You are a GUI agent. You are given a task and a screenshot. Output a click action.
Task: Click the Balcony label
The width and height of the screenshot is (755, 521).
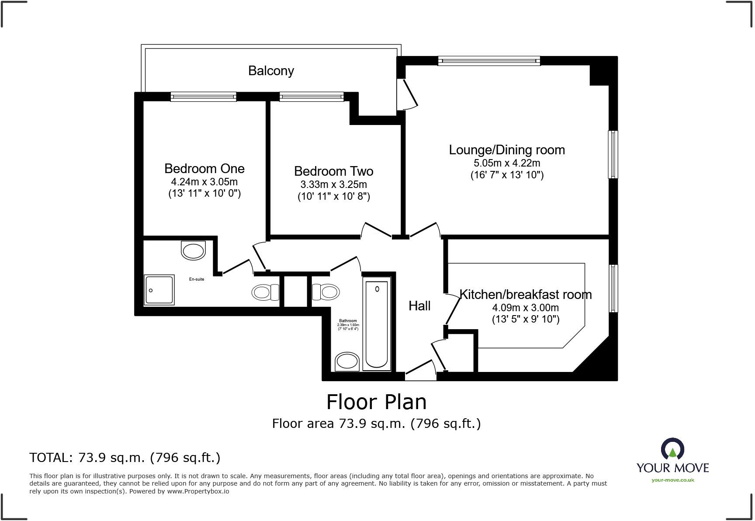click(x=271, y=71)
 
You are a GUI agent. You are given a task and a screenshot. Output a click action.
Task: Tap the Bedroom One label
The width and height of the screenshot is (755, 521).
click(x=204, y=169)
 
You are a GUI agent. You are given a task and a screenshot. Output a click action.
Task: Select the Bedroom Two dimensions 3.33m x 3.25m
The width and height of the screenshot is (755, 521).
click(x=333, y=184)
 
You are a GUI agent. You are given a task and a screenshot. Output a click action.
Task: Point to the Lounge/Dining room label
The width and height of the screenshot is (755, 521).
click(x=507, y=150)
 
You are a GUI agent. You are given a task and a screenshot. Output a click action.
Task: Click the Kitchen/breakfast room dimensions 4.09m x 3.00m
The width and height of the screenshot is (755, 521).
click(x=525, y=308)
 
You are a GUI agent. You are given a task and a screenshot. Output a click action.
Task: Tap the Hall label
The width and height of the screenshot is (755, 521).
click(x=419, y=306)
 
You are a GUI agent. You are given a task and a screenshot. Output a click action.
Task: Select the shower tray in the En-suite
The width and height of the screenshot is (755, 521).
click(x=159, y=290)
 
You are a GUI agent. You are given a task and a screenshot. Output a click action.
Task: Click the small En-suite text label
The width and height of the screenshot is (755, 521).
click(x=197, y=279)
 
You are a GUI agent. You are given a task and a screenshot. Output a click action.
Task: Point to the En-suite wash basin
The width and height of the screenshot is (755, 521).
click(x=193, y=250)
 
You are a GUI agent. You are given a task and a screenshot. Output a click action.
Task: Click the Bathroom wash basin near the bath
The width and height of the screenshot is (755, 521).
click(x=347, y=362)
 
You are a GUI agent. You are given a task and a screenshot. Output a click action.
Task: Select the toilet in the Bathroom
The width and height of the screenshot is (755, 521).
click(x=326, y=292)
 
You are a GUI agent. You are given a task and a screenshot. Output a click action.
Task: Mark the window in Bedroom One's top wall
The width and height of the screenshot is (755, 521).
click(x=203, y=97)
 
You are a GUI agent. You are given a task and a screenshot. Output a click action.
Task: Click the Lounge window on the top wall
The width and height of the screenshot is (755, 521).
click(x=489, y=61)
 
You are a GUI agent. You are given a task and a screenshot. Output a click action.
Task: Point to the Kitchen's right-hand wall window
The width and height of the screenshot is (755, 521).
click(x=613, y=288)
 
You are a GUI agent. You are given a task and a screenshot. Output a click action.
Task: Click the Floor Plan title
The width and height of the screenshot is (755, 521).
click(x=376, y=402)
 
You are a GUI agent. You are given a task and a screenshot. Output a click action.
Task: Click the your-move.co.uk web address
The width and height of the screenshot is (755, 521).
click(x=672, y=480)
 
